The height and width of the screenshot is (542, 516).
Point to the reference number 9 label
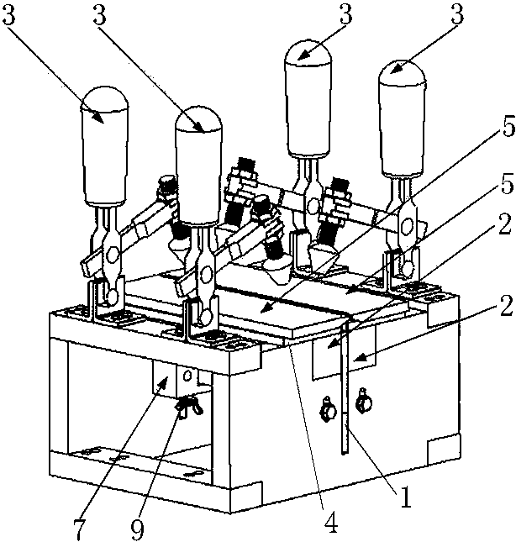coord(138,529)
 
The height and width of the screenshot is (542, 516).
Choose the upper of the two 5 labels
coord(508,126)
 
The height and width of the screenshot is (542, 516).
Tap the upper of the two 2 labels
coord(504,224)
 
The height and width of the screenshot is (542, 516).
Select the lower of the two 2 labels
coord(506,306)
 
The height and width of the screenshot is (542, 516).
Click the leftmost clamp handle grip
coord(104,145)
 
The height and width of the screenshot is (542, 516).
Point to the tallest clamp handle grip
coord(308,99)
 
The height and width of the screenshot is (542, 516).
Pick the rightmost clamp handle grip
coord(402,118)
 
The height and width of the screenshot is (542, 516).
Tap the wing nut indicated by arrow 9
coord(190,406)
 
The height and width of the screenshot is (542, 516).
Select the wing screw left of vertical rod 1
coord(329,409)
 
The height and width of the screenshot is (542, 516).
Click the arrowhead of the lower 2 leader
coord(358,357)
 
